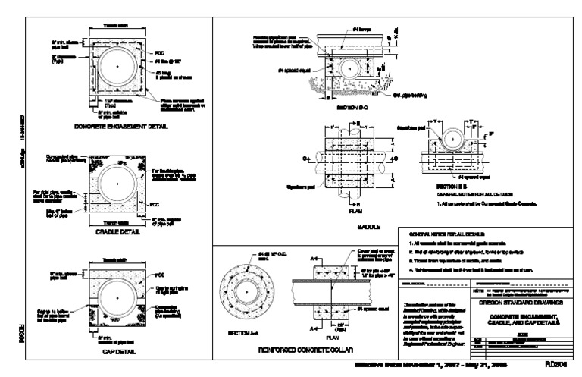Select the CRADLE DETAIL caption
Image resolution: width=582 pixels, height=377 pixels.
pyautogui.click(x=116, y=234)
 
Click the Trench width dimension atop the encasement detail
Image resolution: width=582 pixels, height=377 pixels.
pyautogui.click(x=115, y=24)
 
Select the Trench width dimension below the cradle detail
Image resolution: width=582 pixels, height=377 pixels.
pyautogui.click(x=115, y=222)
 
